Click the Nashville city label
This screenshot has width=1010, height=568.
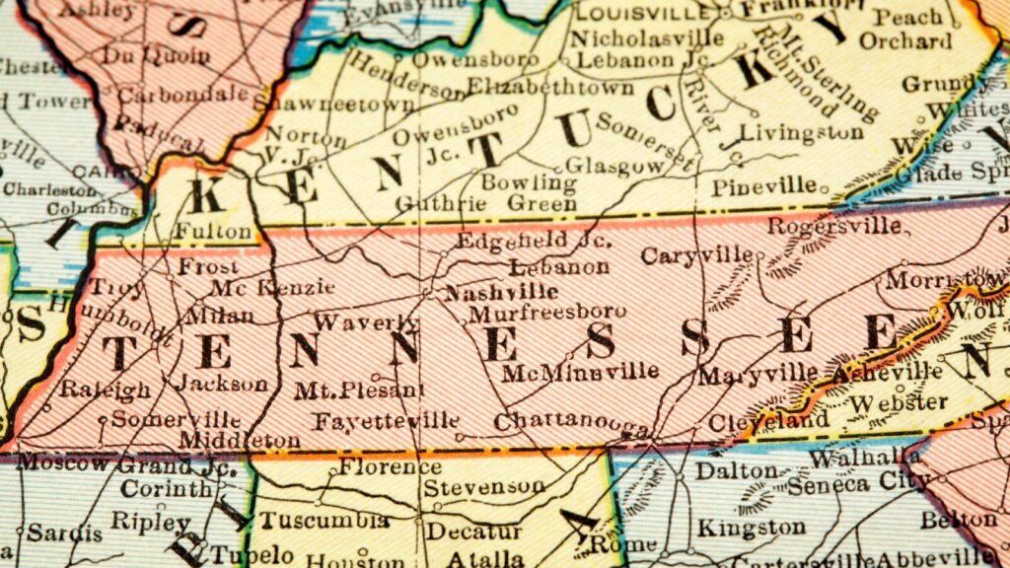click(501, 292)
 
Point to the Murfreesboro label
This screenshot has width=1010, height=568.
click(546, 314)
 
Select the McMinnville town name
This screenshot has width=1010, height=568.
click(580, 372)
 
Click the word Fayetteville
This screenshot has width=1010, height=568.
click(386, 422)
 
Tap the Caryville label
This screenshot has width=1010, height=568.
click(696, 256)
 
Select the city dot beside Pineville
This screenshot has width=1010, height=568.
click(825, 183)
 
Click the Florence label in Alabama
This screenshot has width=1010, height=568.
click(390, 466)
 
